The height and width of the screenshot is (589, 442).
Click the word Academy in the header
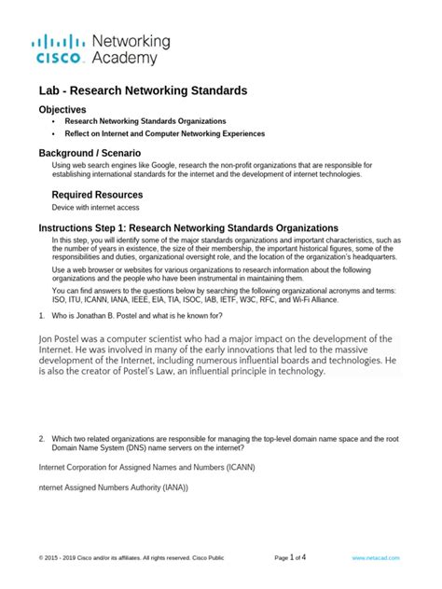coord(131,59)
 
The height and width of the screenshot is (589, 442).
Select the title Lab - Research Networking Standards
coord(143,91)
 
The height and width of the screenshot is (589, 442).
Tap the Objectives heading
coord(62,109)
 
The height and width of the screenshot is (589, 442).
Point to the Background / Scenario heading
coord(90,152)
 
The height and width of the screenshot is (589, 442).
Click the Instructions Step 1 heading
coord(187,228)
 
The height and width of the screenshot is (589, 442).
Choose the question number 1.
coord(41,315)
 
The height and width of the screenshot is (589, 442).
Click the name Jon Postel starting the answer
coord(66,337)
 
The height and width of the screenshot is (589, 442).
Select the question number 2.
coord(42,438)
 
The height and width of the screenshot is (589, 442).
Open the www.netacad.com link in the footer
coord(376,558)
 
